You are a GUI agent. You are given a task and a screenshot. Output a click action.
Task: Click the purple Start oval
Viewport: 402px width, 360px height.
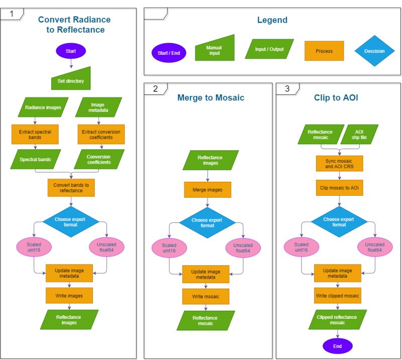coord(71,51)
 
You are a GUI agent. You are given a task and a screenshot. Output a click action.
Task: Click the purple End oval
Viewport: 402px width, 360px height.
coord(338,346)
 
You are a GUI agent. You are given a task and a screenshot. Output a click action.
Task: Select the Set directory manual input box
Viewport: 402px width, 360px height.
coord(71,79)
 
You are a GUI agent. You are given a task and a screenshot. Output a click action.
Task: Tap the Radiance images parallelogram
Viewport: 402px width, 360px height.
coord(43,107)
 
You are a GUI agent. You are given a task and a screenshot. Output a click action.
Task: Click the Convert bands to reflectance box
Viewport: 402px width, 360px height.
coord(71,188)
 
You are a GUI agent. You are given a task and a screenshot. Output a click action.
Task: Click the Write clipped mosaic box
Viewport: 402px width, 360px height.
coord(338,296)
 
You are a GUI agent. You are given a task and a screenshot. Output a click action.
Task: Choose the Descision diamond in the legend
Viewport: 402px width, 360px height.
coord(374,51)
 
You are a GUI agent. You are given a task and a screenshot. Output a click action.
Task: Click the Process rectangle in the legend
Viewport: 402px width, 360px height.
coord(324,51)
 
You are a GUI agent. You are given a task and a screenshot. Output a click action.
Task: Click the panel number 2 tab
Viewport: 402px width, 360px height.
coord(156,89)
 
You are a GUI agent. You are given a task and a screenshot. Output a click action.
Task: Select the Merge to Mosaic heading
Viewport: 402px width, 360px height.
coord(211,97)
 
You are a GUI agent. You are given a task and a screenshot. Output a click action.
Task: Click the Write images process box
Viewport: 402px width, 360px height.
coord(69,296)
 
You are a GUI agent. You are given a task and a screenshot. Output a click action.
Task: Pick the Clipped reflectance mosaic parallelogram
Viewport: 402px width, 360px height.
coord(338,319)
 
